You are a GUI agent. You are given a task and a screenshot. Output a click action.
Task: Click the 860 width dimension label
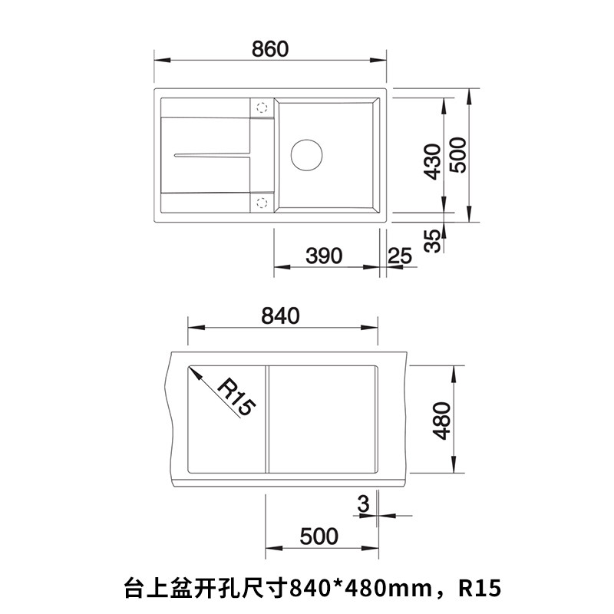pos(270,49)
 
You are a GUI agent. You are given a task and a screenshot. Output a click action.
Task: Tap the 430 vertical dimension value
pos(433,162)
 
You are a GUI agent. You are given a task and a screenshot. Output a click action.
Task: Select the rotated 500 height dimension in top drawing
pos(458,155)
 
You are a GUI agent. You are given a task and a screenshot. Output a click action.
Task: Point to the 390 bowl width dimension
pos(324,256)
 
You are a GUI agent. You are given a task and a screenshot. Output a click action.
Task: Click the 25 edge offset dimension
pos(400,256)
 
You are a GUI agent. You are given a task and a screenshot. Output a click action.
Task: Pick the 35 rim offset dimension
pos(433,240)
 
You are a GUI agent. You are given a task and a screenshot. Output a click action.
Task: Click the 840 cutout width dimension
pos(280,315)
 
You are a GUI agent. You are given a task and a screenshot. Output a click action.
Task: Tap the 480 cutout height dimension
pos(442,421)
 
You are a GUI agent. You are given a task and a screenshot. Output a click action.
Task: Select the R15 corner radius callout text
pos(236,398)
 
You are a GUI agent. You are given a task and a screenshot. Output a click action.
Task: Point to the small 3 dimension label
pos(363,503)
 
